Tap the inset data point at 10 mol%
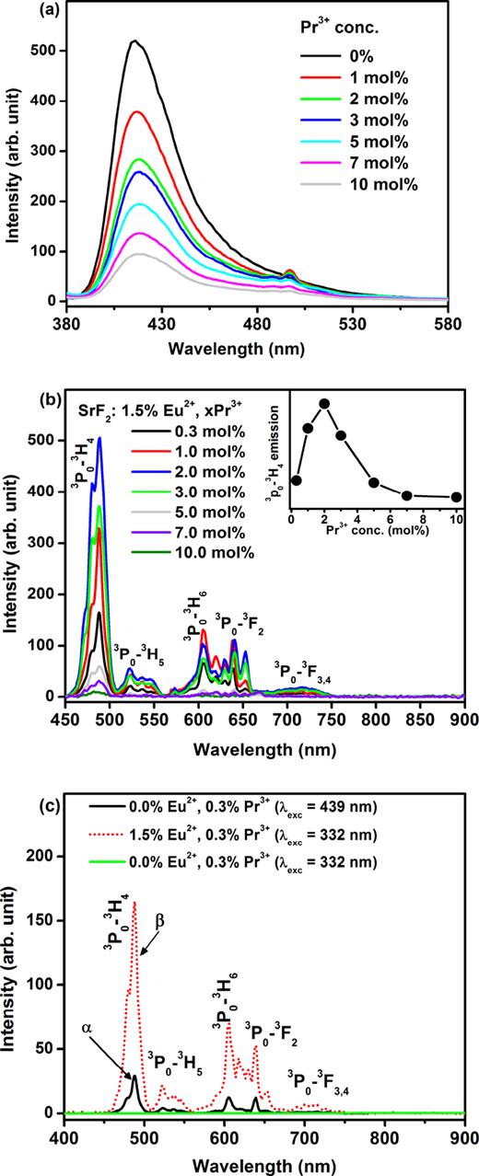click(x=457, y=497)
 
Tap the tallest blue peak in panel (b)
click(x=99, y=439)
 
